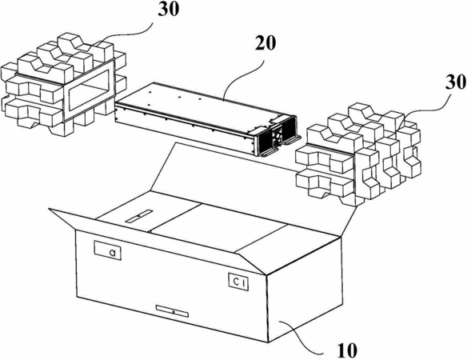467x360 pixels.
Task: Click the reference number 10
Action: [347, 350]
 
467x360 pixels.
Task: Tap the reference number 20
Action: [265, 44]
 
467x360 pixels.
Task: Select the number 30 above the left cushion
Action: [169, 9]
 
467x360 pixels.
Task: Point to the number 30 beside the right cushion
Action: [456, 82]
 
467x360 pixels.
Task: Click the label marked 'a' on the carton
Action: [107, 250]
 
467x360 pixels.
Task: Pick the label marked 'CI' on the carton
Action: [238, 282]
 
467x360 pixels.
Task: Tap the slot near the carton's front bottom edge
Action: [173, 311]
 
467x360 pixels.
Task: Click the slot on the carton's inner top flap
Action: [139, 216]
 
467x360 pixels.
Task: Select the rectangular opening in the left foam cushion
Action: [88, 89]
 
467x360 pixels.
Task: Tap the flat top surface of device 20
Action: [200, 103]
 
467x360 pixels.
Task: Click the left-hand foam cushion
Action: [62, 85]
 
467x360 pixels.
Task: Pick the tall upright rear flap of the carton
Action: [253, 185]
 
